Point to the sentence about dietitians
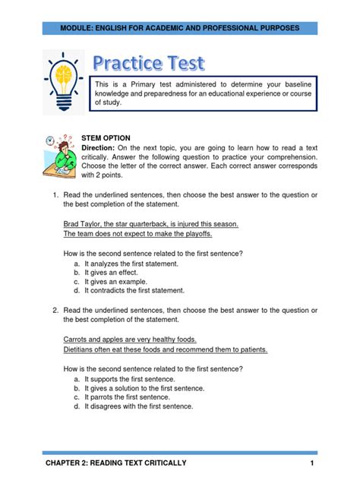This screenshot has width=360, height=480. click(x=165, y=350)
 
